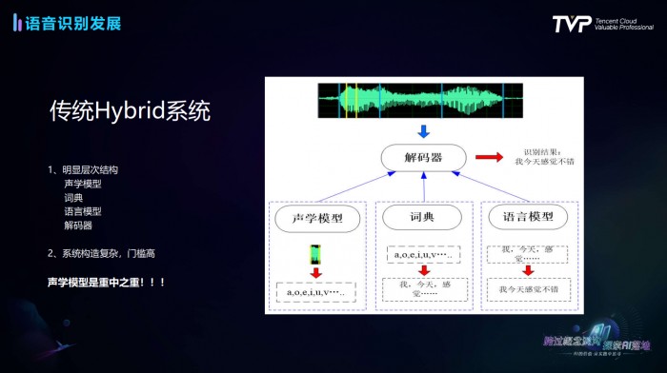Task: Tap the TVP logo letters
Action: (571, 24)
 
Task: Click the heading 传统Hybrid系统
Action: (130, 111)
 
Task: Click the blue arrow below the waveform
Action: (424, 132)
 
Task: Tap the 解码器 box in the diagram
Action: (424, 157)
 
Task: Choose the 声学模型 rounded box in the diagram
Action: (316, 219)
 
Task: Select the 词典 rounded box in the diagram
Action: (422, 218)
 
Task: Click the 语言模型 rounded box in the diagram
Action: (527, 218)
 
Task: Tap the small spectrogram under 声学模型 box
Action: (314, 254)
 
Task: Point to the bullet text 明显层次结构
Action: (91, 169)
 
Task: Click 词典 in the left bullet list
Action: (75, 197)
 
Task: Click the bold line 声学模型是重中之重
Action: (106, 283)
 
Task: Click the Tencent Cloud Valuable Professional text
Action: (625, 24)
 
